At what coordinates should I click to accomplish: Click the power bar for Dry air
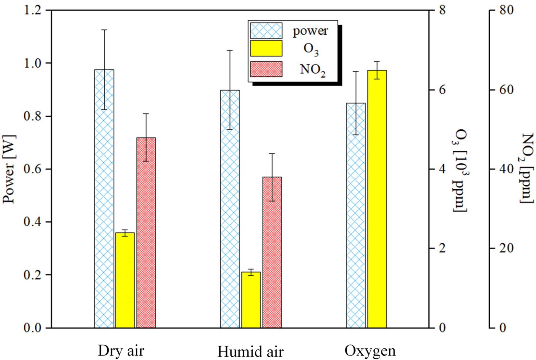click(x=104, y=198)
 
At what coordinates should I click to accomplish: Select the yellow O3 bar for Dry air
click(x=125, y=280)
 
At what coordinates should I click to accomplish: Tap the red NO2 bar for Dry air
click(x=146, y=232)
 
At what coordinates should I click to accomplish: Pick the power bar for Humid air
click(x=230, y=209)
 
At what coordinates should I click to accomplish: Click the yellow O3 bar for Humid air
click(x=251, y=300)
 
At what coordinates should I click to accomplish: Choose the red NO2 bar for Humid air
click(x=272, y=252)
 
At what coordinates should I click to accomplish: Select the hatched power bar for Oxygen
click(x=356, y=215)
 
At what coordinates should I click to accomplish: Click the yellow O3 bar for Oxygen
click(x=377, y=199)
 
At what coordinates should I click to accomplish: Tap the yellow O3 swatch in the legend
click(x=266, y=48)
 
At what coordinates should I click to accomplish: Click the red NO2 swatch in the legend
click(x=266, y=69)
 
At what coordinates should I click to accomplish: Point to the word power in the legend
click(x=310, y=31)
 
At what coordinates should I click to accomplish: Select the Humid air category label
click(x=250, y=352)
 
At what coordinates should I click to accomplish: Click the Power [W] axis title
click(x=9, y=169)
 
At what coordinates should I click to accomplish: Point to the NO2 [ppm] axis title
click(x=527, y=168)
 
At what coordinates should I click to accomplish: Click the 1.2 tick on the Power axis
click(x=32, y=10)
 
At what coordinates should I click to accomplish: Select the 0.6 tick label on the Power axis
click(x=32, y=169)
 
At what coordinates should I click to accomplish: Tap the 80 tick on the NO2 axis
click(x=507, y=10)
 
